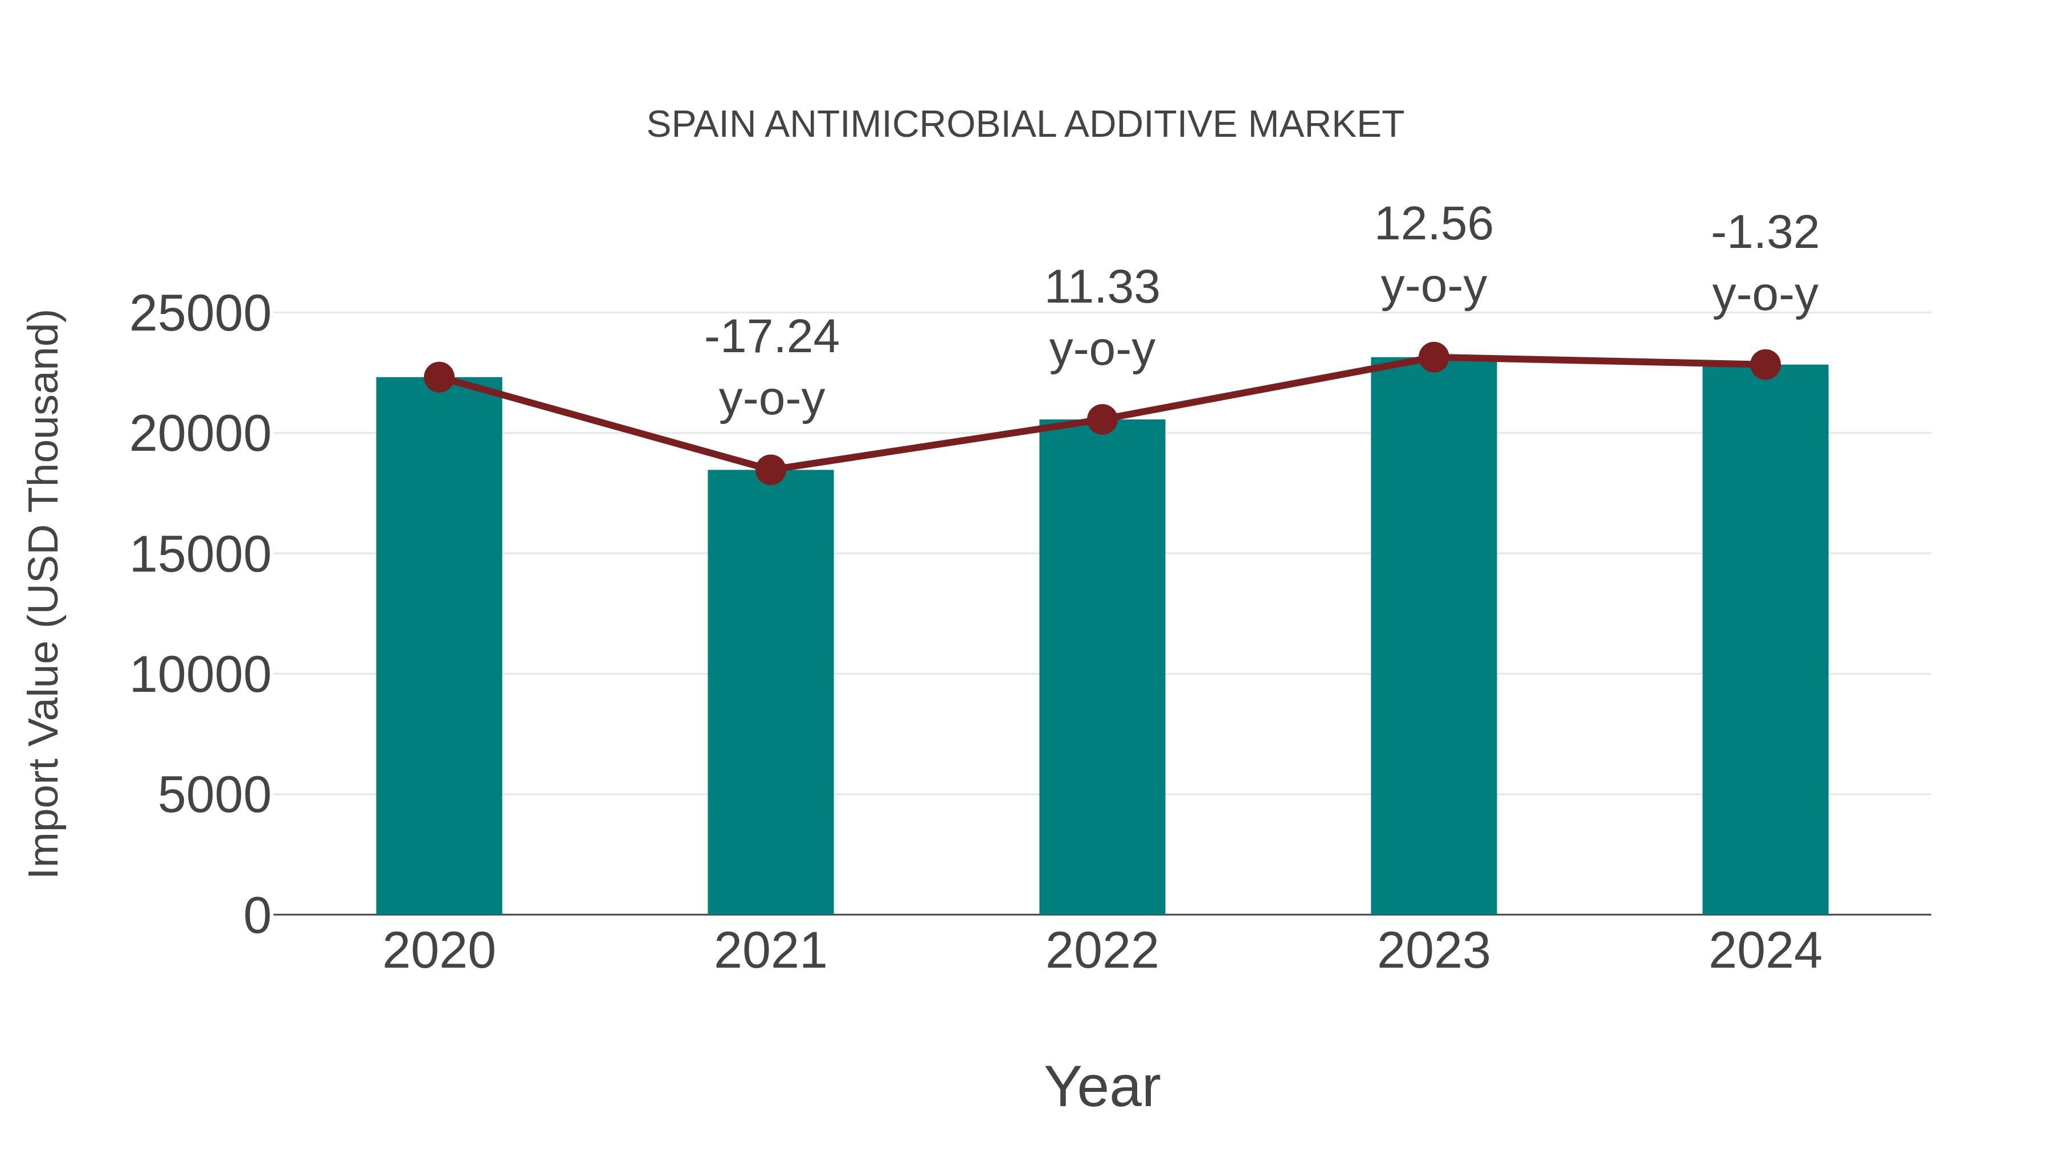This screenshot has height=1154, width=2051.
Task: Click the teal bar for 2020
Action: (439, 645)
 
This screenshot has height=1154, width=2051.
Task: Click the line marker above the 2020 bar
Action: (439, 377)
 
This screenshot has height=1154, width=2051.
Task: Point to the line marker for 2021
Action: (770, 470)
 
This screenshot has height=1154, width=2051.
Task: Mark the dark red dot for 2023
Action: (1433, 357)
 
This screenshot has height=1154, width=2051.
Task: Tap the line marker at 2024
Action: (1765, 365)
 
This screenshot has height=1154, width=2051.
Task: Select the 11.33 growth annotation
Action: (1102, 288)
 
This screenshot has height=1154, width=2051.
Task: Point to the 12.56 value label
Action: (1433, 225)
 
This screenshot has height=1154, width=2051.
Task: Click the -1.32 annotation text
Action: (1765, 233)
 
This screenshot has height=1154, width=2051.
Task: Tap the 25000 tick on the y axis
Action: (200, 314)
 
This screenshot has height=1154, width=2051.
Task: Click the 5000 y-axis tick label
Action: (214, 795)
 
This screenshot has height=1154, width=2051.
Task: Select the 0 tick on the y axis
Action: (256, 915)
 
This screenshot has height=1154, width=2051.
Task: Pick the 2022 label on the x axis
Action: (1102, 951)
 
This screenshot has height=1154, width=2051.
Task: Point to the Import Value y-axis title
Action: (44, 593)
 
